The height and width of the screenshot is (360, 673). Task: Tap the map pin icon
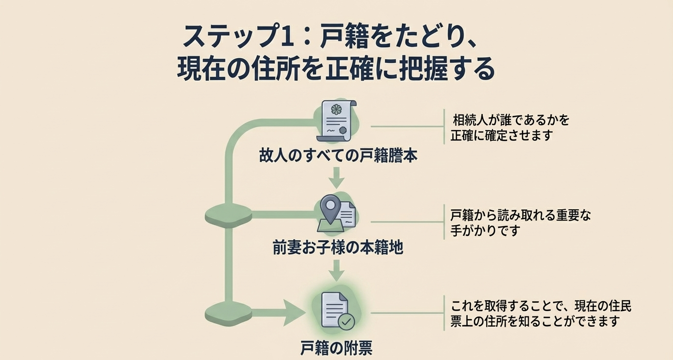[x=331, y=208]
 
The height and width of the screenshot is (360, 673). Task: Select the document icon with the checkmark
[x=336, y=310]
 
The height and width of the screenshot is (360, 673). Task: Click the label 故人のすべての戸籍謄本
[x=338, y=156]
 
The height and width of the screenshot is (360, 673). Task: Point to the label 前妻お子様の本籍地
[x=337, y=247]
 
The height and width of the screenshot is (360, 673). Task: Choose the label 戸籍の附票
[x=336, y=348]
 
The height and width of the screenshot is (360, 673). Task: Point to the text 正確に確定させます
[x=501, y=135]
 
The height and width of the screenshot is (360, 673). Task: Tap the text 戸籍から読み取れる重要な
[x=520, y=215]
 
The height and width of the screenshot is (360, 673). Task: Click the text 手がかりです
[x=484, y=230]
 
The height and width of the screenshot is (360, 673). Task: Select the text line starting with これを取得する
[x=541, y=306]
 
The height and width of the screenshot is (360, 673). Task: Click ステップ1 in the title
[x=239, y=37]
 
